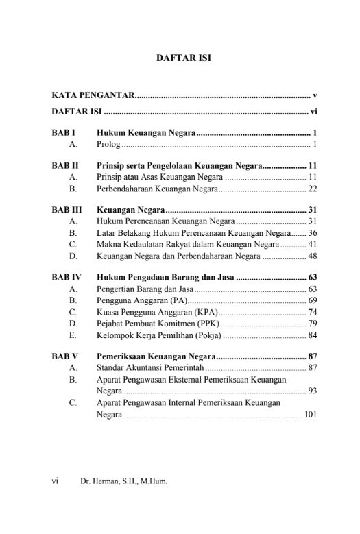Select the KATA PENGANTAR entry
point(93,93)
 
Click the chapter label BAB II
point(65,165)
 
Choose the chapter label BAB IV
point(67,278)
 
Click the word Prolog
point(108,144)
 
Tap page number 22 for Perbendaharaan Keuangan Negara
point(312,189)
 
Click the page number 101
point(310,415)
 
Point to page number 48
point(312,256)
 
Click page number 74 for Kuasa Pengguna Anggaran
point(312,311)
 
